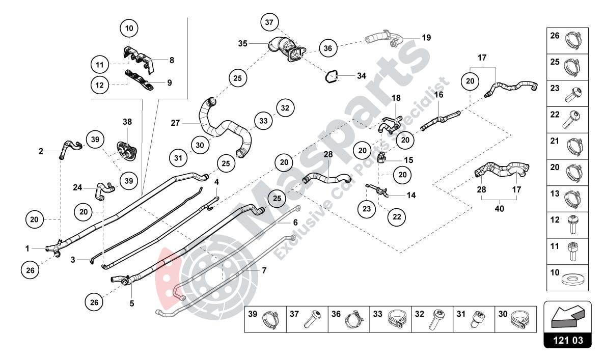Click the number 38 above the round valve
click(x=127, y=122)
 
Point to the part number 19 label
click(x=426, y=38)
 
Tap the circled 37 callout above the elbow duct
click(x=270, y=22)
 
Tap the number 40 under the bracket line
click(x=499, y=208)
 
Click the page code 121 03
click(x=568, y=340)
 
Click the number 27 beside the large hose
click(x=175, y=123)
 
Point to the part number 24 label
click(x=77, y=187)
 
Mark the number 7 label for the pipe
click(x=264, y=270)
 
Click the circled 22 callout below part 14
click(x=396, y=216)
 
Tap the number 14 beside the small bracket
click(x=410, y=195)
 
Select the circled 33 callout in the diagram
click(x=263, y=121)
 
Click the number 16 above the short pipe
click(x=438, y=95)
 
